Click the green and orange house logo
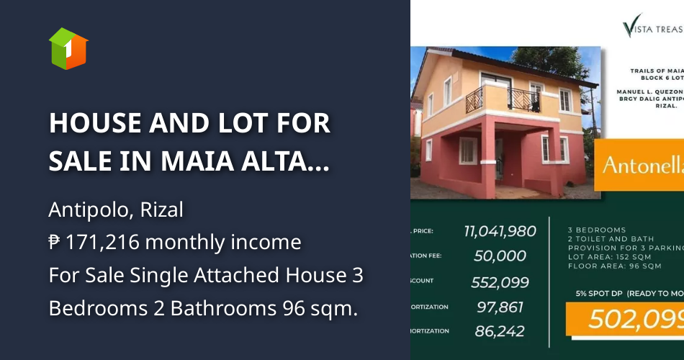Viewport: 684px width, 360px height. tap(68, 48)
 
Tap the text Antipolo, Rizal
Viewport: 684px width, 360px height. tap(116, 210)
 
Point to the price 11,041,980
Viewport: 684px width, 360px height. tap(500, 231)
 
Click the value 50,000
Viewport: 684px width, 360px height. tap(500, 256)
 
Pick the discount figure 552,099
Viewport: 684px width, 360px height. tap(500, 282)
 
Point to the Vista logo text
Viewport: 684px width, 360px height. tap(652, 29)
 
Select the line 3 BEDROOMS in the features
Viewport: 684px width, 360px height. tap(597, 230)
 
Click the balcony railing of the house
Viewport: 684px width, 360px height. tap(504, 99)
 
